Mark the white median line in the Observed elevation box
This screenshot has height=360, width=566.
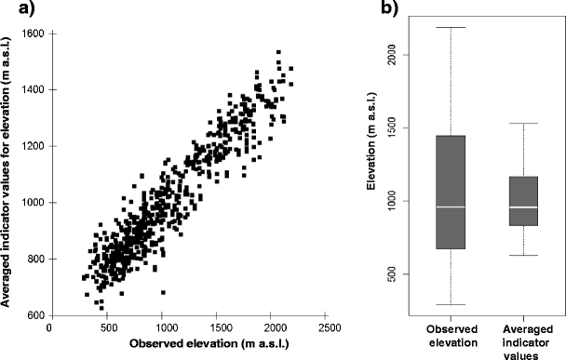pos(451,207)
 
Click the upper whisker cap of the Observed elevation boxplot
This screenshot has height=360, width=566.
pos(451,27)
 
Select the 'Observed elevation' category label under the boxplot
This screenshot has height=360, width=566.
pos(451,338)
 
